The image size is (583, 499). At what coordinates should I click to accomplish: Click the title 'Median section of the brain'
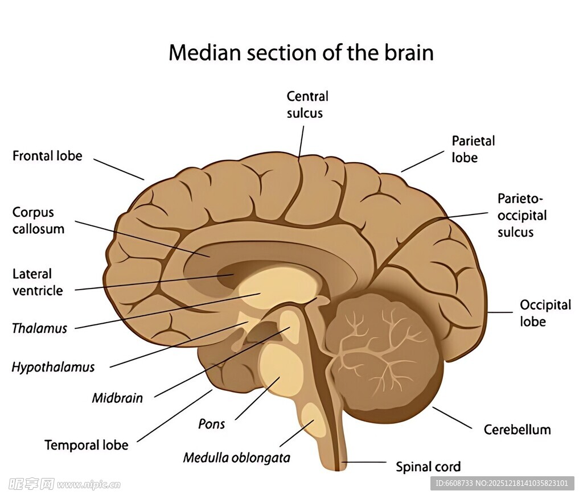(301, 52)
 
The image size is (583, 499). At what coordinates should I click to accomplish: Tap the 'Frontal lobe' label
(47, 156)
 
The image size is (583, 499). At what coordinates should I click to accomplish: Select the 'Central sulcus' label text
(307, 105)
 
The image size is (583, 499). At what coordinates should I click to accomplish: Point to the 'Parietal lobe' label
(473, 149)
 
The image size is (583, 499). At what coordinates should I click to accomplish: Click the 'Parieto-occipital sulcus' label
(522, 215)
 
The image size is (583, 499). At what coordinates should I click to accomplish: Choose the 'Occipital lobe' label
(545, 313)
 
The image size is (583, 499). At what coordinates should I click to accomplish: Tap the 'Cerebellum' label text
(517, 430)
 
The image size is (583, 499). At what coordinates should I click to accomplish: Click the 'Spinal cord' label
(428, 467)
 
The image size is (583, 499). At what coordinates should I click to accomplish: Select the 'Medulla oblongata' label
(236, 457)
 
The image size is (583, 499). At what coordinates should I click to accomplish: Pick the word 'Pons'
(211, 424)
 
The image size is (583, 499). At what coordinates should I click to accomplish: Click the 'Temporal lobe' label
(87, 444)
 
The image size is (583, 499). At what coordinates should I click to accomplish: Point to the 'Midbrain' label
(117, 398)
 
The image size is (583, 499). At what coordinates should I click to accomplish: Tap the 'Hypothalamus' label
(53, 367)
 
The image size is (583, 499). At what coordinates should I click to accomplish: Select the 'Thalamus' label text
(39, 328)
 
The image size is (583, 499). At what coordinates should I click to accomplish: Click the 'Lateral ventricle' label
(38, 282)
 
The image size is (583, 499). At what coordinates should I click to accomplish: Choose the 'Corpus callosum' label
(38, 220)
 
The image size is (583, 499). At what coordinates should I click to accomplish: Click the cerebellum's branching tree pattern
(376, 347)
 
